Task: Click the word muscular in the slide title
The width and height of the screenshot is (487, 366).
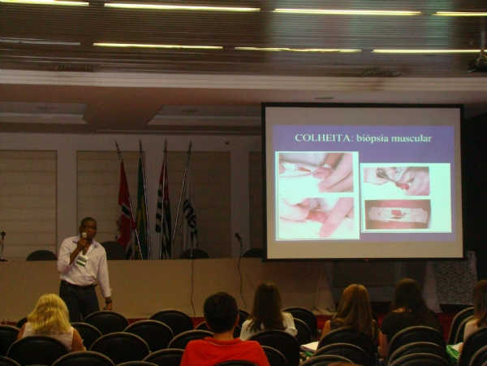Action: (x=412, y=138)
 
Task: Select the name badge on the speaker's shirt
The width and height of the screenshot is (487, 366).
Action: (x=82, y=261)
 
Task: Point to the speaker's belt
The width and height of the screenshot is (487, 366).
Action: (x=79, y=284)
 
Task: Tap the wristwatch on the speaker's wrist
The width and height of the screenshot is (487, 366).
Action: (x=109, y=301)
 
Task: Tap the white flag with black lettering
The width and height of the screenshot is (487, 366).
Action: (x=189, y=215)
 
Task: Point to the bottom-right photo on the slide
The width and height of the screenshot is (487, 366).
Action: (x=398, y=215)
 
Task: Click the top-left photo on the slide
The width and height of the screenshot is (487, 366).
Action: (x=317, y=173)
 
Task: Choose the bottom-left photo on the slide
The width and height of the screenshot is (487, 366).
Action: (x=317, y=217)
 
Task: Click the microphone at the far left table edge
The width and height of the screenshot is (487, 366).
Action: (x=2, y=246)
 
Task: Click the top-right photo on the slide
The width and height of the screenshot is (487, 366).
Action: (x=397, y=181)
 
